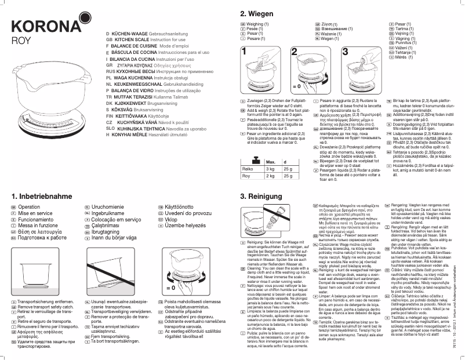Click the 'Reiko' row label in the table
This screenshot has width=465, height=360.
pyautogui.click(x=248, y=168)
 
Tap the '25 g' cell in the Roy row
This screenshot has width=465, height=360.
pyautogui.click(x=288, y=176)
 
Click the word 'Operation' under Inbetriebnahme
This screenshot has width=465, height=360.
pyautogui.click(x=30, y=206)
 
